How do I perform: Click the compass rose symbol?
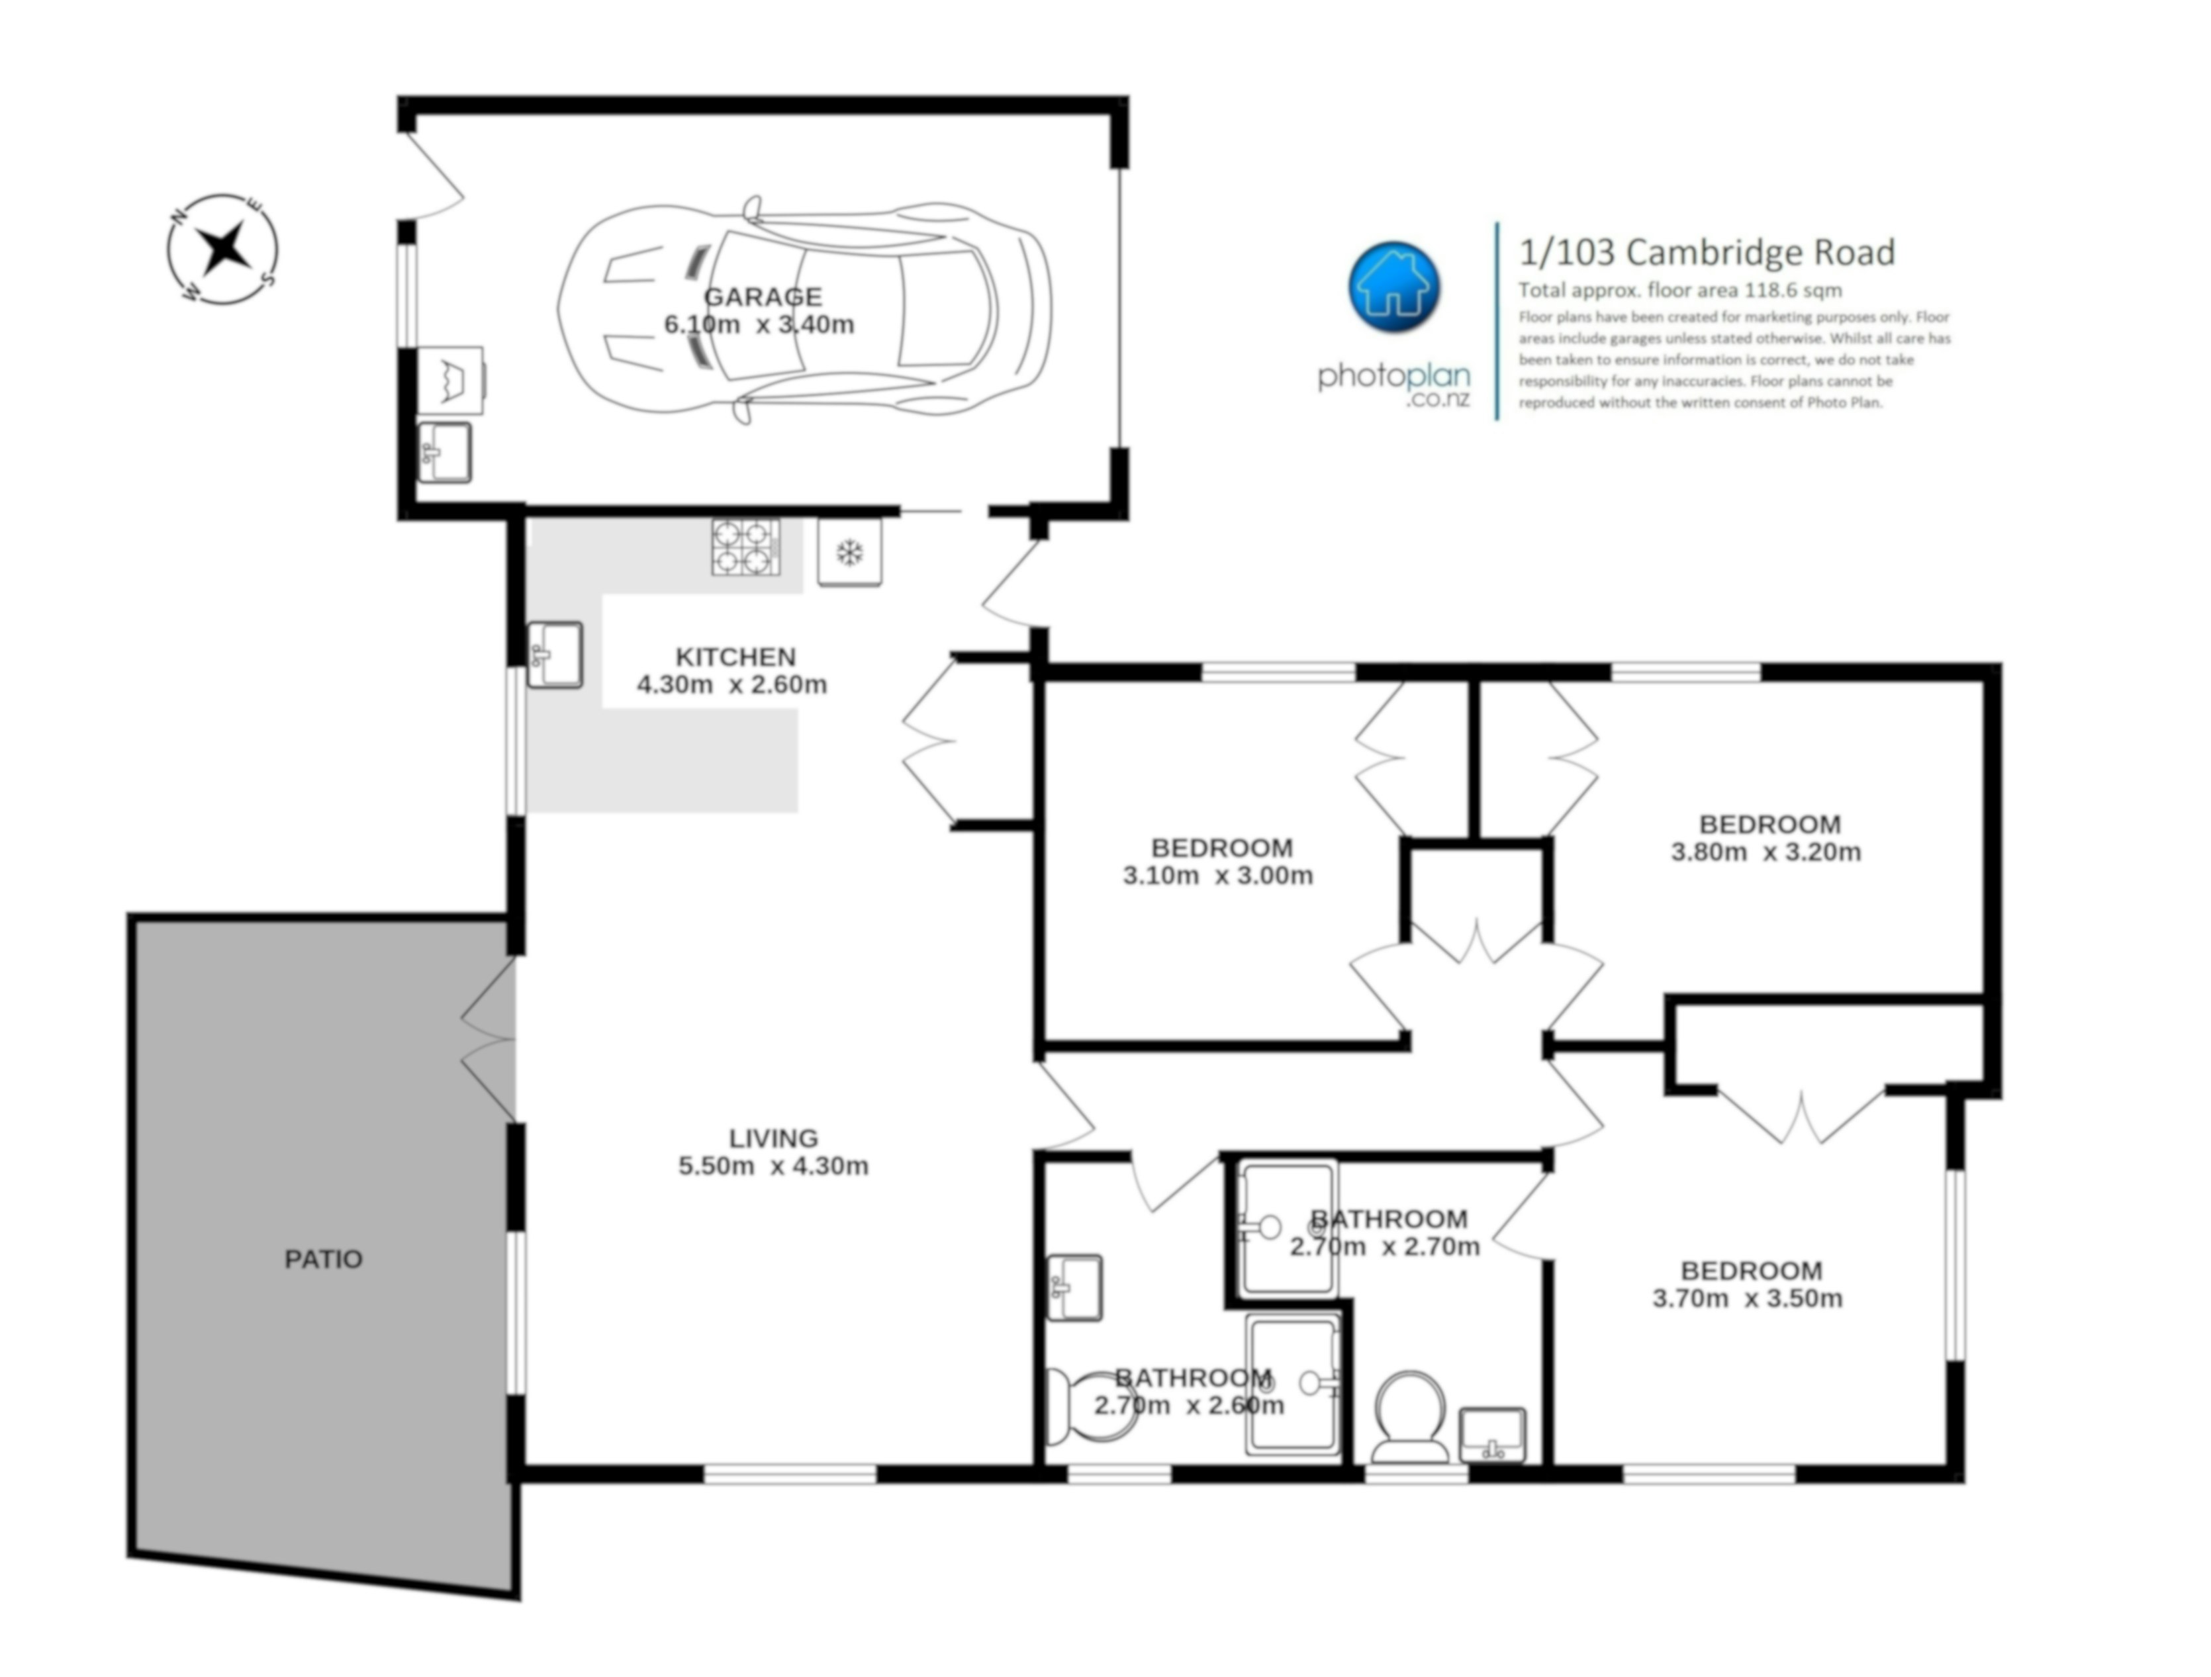pos(222,249)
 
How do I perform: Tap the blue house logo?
pos(1394,287)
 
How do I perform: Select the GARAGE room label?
pos(763,297)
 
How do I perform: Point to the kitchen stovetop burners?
pos(745,547)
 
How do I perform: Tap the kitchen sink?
pos(555,655)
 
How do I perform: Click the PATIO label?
pos(323,1259)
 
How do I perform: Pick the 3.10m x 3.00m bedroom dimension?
pos(1217,876)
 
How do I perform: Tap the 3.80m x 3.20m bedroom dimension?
pos(1766,852)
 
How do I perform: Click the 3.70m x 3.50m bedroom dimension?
pos(1747,1298)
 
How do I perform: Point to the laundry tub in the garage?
pos(451,380)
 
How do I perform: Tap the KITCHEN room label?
pos(735,657)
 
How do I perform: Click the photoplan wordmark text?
pos(1393,377)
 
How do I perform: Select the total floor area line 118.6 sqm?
pos(1680,291)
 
